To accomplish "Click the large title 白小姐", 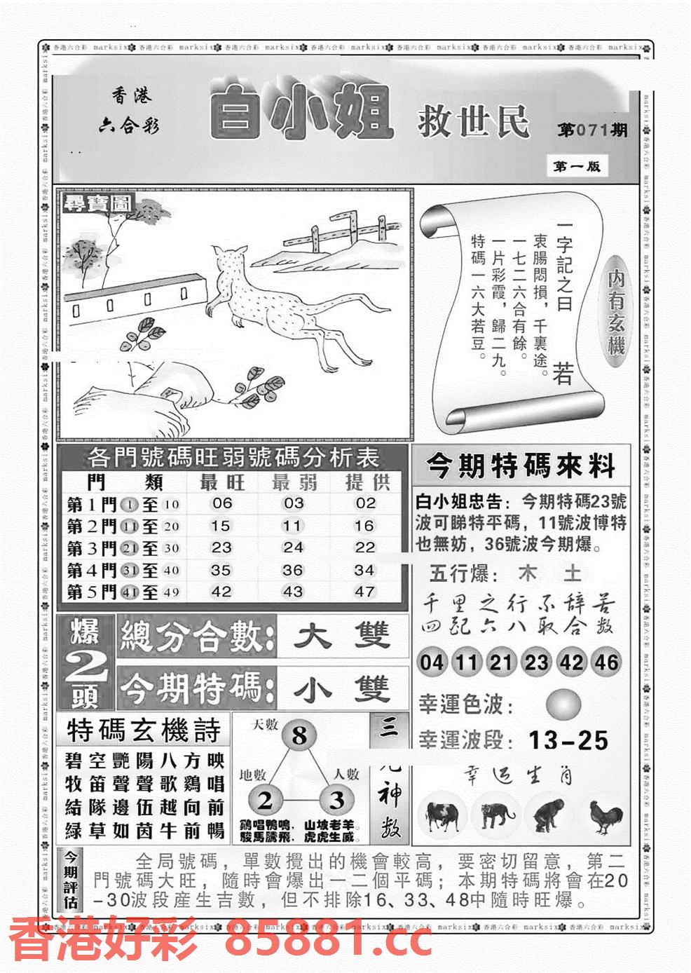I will coord(299,112).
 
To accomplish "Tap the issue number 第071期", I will coord(591,131).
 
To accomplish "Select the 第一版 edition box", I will coord(576,166).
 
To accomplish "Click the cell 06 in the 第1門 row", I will coord(221,503).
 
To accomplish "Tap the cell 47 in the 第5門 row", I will coord(364,591).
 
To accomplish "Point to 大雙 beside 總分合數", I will coord(342,637).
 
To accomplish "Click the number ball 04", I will coord(432,662).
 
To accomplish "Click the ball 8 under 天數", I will coord(299,736).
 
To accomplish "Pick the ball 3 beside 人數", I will coord(337,800).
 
